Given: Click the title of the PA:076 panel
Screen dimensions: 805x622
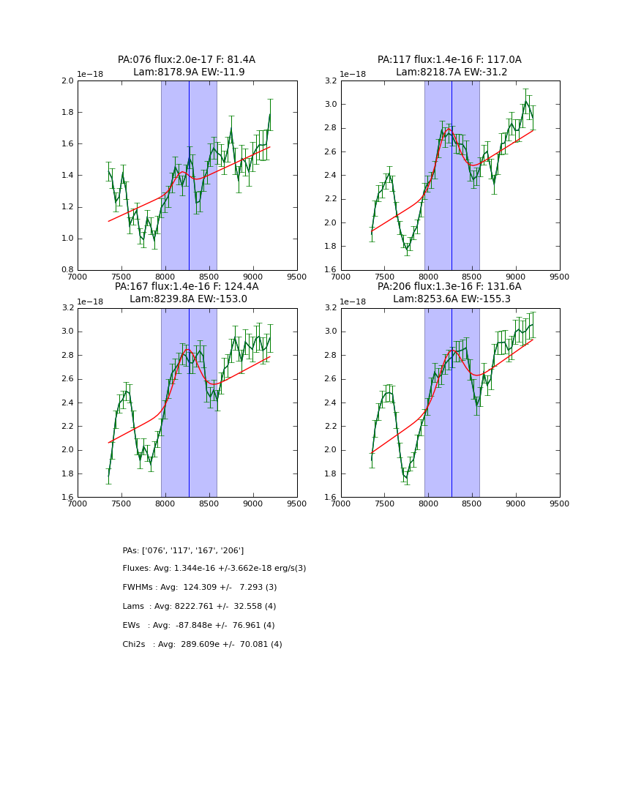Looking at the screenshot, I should [x=187, y=60].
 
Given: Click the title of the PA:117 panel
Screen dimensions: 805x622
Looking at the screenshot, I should [x=449, y=60].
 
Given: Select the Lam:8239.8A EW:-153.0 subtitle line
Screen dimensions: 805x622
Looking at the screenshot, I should [x=188, y=299].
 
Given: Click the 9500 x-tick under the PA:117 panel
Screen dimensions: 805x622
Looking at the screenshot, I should [x=560, y=277].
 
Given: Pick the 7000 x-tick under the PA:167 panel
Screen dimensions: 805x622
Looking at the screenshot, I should [x=78, y=503].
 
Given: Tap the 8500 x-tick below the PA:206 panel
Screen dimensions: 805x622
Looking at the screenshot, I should [x=472, y=503].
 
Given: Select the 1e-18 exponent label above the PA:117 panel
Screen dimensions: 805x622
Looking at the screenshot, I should [x=353, y=75].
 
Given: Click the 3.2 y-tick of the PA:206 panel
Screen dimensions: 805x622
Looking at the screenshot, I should [x=330, y=308].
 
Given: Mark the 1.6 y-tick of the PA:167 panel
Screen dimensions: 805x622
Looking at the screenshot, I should [x=67, y=497].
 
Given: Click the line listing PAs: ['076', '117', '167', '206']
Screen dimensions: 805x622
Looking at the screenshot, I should [x=183, y=550].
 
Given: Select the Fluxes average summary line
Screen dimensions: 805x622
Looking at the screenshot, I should [x=214, y=569].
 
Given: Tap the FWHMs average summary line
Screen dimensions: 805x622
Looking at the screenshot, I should [x=200, y=588].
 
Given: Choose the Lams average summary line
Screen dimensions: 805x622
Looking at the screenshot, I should [x=199, y=607].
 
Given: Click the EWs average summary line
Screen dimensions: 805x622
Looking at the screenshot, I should [x=198, y=626].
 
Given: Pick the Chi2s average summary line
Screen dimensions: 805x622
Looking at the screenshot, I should [x=202, y=645].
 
